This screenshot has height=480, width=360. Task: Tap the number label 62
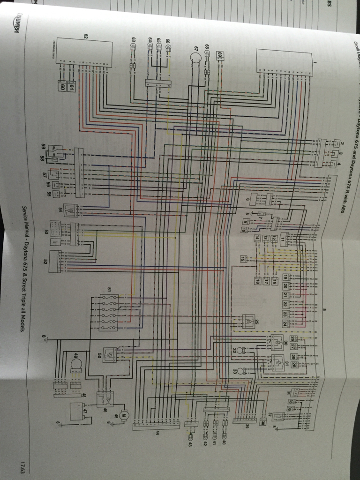[86, 36]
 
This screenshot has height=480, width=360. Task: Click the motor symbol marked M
[124, 415]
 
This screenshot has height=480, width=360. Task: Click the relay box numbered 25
[247, 321]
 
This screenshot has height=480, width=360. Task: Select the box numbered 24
[285, 323]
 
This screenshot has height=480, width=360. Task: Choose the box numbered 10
[244, 230]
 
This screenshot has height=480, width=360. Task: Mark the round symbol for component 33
[241, 371]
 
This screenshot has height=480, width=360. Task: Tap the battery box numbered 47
[75, 412]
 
